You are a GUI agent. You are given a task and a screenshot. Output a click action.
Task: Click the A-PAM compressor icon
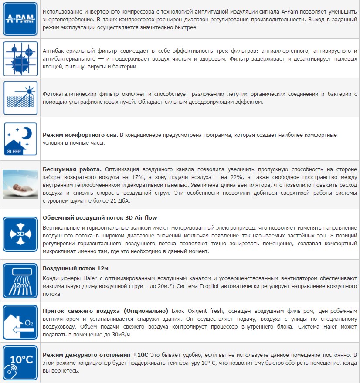[20, 19]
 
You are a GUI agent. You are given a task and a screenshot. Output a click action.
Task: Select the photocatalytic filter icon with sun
[20, 97]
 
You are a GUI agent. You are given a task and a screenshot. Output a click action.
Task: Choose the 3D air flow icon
[20, 234]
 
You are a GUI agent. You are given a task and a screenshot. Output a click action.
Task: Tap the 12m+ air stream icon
[20, 281]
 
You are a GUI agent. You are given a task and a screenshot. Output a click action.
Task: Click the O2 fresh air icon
[20, 322]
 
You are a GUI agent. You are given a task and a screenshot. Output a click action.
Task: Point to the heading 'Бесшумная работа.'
[72, 169]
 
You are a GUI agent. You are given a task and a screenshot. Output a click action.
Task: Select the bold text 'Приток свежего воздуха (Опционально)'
[105, 311]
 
